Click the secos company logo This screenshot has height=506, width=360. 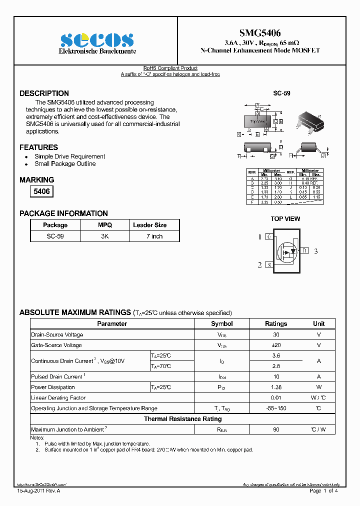97,40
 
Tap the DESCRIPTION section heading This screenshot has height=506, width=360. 44,93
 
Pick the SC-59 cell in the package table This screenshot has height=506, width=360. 55,236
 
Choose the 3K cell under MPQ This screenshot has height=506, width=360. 105,236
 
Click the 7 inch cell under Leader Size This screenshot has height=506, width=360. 154,236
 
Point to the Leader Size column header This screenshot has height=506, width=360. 149,225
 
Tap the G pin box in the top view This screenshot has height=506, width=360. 269,236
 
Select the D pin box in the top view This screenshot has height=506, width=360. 304,250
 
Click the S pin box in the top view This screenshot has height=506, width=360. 269,265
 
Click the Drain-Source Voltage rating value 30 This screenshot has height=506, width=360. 276,334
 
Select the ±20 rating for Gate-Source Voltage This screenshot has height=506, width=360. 276,345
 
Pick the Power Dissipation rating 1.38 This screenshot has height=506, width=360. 276,387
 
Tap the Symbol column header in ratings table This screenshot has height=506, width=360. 221,323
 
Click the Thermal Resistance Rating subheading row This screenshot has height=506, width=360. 182,419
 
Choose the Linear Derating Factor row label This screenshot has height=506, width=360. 58,398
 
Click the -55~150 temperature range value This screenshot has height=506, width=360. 276,408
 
